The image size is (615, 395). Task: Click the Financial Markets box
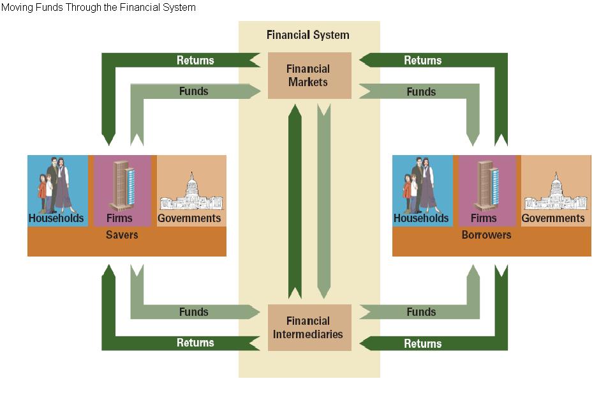click(309, 75)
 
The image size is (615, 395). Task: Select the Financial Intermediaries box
click(309, 327)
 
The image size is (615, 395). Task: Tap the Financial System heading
click(308, 35)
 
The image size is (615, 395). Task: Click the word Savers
click(122, 235)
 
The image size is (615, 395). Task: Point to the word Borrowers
click(486, 235)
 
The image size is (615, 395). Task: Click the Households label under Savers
click(56, 218)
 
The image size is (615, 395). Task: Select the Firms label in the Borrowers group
click(484, 218)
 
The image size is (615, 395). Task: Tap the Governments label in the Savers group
click(189, 218)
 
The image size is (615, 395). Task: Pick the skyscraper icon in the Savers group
click(121, 185)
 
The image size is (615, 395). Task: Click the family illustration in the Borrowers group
click(420, 185)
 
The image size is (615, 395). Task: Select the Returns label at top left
click(195, 61)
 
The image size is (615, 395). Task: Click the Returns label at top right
click(422, 61)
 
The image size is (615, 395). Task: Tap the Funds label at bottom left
click(193, 312)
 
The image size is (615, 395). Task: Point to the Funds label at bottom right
click(421, 312)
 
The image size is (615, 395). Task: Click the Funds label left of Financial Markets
click(193, 91)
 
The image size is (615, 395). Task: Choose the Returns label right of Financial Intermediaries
click(422, 343)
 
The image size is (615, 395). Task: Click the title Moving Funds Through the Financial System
click(98, 8)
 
